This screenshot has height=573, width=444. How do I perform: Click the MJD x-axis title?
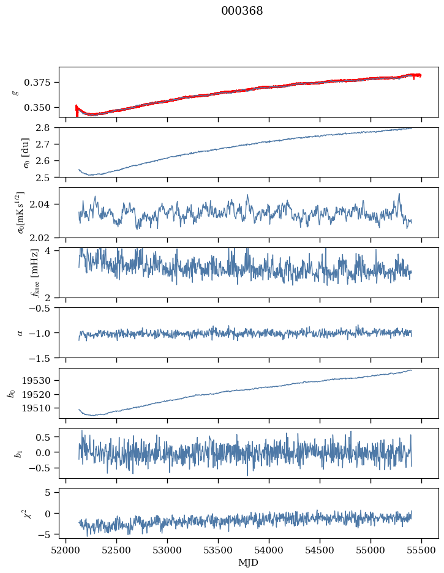[248, 563]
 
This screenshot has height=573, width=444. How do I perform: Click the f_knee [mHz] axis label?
[18, 272]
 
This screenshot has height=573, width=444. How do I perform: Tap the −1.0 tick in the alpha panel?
[43, 333]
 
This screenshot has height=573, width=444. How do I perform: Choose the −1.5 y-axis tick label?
[43, 358]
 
